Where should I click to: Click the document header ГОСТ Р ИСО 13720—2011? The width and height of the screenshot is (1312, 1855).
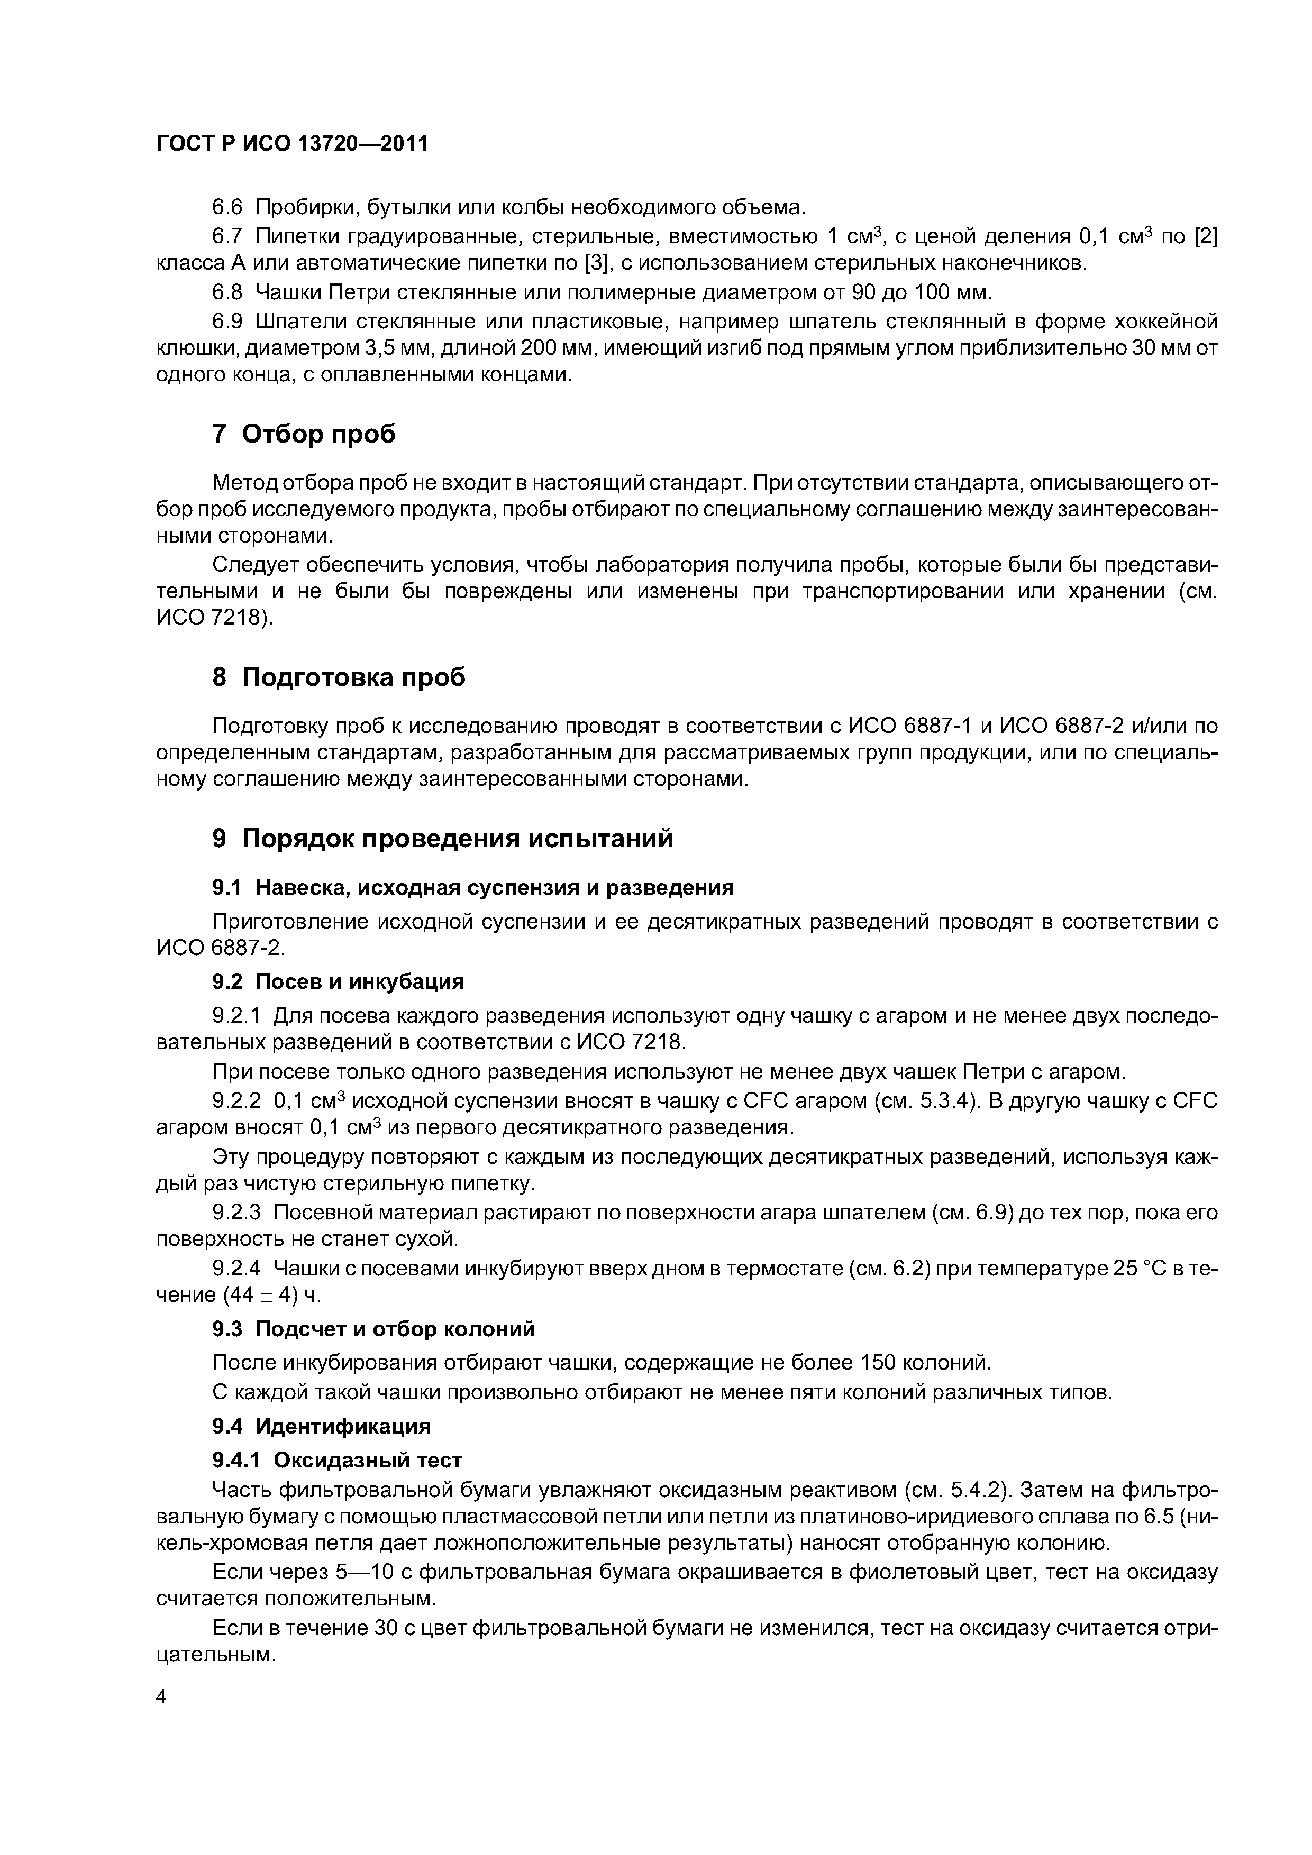click(291, 144)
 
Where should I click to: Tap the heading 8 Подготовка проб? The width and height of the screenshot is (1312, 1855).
click(339, 676)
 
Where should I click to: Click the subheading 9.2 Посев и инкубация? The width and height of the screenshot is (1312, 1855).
click(338, 981)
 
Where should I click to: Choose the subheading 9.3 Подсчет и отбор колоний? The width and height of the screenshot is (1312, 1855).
click(373, 1329)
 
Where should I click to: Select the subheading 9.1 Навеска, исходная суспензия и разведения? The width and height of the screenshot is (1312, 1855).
click(473, 887)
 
